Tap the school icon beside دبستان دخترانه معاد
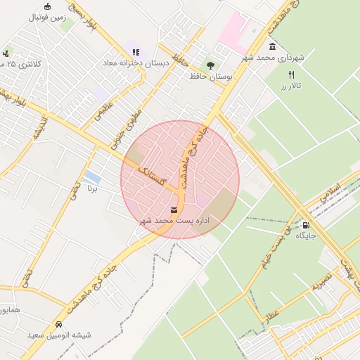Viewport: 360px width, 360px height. [136, 52]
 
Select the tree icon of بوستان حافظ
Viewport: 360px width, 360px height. [210, 65]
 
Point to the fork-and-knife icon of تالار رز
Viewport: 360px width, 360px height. [291, 75]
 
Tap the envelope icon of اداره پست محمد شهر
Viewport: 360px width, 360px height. [174, 210]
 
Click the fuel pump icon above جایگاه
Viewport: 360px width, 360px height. [306, 225]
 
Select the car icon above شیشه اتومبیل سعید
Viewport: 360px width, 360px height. [58, 325]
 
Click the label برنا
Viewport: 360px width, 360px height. [91, 188]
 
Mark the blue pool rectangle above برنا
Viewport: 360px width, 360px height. [92, 176]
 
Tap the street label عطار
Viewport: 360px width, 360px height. [271, 314]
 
